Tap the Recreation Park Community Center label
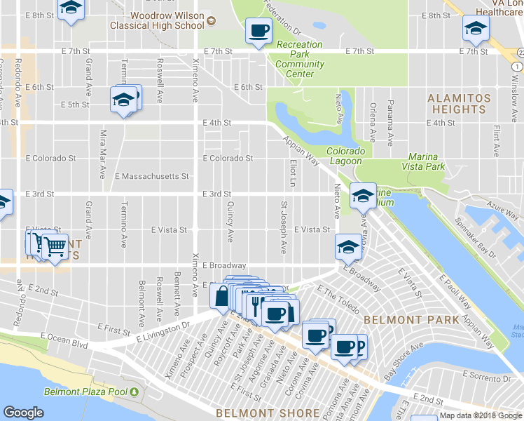299,59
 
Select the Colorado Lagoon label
346,156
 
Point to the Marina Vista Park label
424,161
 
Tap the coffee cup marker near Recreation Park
258,31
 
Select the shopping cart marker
54,246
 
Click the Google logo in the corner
23,413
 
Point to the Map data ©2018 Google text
481,415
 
